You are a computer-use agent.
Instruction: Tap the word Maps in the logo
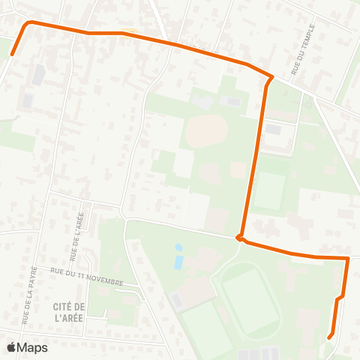(x=32, y=347)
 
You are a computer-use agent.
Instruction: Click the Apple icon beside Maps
(x=11, y=347)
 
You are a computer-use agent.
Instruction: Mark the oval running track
(x=250, y=298)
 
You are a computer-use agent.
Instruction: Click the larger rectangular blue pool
(x=178, y=262)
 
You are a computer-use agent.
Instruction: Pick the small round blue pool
(x=178, y=247)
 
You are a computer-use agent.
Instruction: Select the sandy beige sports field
(x=205, y=132)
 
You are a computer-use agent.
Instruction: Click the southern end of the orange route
(x=330, y=337)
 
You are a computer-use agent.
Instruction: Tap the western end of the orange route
(x=12, y=55)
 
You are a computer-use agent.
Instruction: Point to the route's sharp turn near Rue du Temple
(x=271, y=77)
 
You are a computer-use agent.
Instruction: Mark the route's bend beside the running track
(x=240, y=238)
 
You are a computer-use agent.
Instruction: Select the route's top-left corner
(x=29, y=23)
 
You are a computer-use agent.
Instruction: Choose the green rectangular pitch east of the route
(x=268, y=191)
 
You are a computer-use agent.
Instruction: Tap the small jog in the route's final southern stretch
(x=340, y=298)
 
